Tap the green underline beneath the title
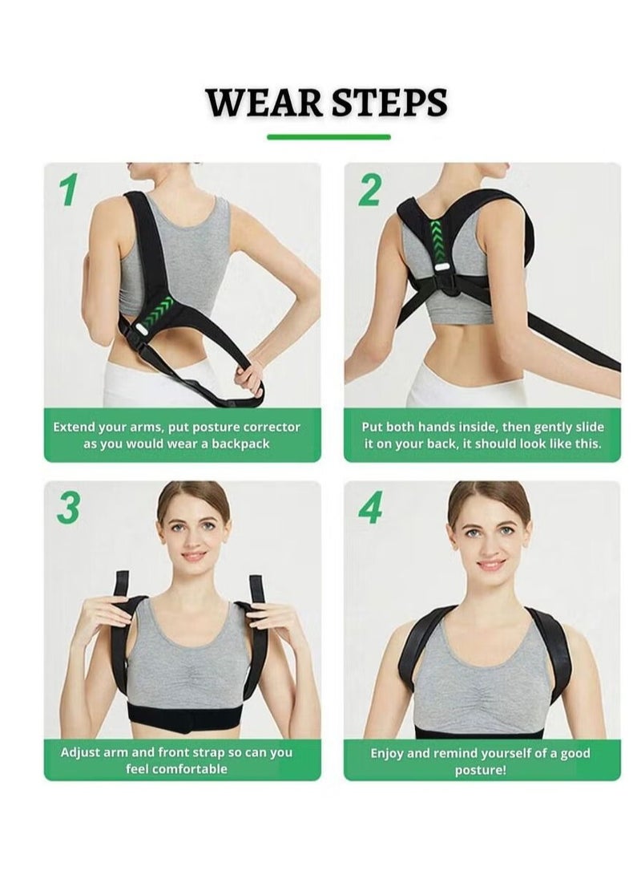click(x=329, y=137)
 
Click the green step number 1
click(x=69, y=191)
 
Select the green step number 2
click(x=369, y=191)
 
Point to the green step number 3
click(x=69, y=508)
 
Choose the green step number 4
click(x=370, y=508)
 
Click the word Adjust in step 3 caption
click(x=80, y=752)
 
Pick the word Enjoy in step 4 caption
click(x=389, y=753)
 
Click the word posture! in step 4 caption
click(x=482, y=770)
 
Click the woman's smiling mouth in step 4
click(x=491, y=564)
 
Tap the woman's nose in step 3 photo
click(x=193, y=539)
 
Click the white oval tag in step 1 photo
click(x=139, y=329)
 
